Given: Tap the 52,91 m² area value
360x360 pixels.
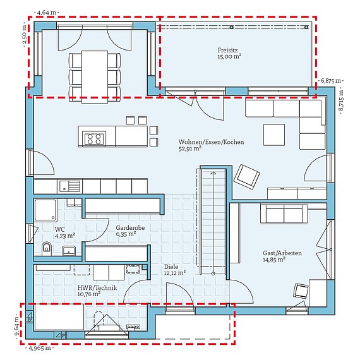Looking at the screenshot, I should (190, 149).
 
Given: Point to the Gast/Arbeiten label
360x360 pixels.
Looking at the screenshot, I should (282, 253).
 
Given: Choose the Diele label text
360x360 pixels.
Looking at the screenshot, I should (171, 267).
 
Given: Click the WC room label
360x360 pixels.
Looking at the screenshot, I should (59, 229).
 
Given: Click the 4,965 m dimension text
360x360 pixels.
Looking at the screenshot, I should (39, 347).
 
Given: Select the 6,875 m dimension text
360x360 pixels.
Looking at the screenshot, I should (330, 81).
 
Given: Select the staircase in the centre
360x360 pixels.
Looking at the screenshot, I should (213, 221).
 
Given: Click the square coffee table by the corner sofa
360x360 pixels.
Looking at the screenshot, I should (274, 135).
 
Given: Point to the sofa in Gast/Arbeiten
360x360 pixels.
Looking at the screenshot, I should (284, 214).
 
